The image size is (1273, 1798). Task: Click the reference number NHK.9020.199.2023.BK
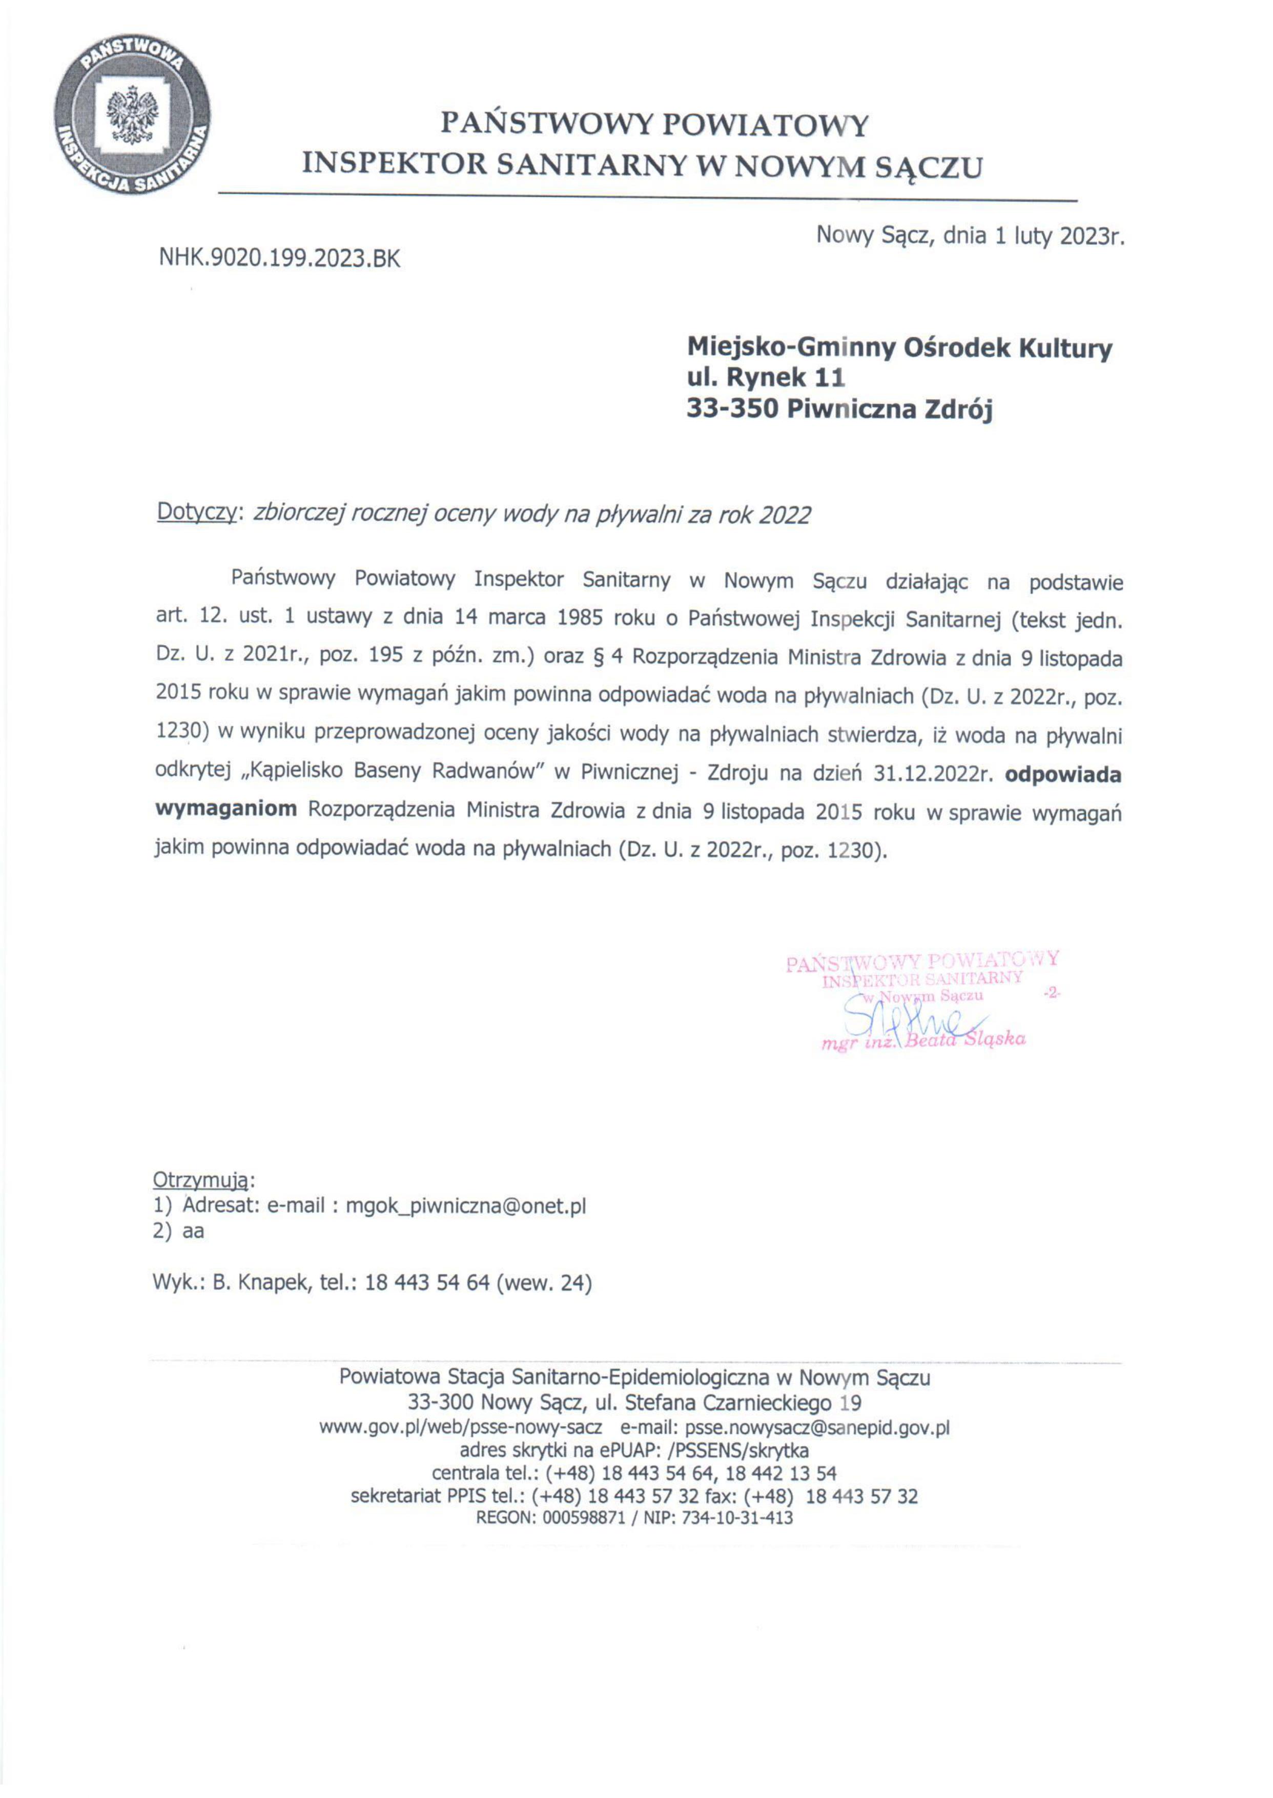pyautogui.click(x=279, y=259)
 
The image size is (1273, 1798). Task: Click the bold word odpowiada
pyautogui.click(x=1063, y=774)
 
